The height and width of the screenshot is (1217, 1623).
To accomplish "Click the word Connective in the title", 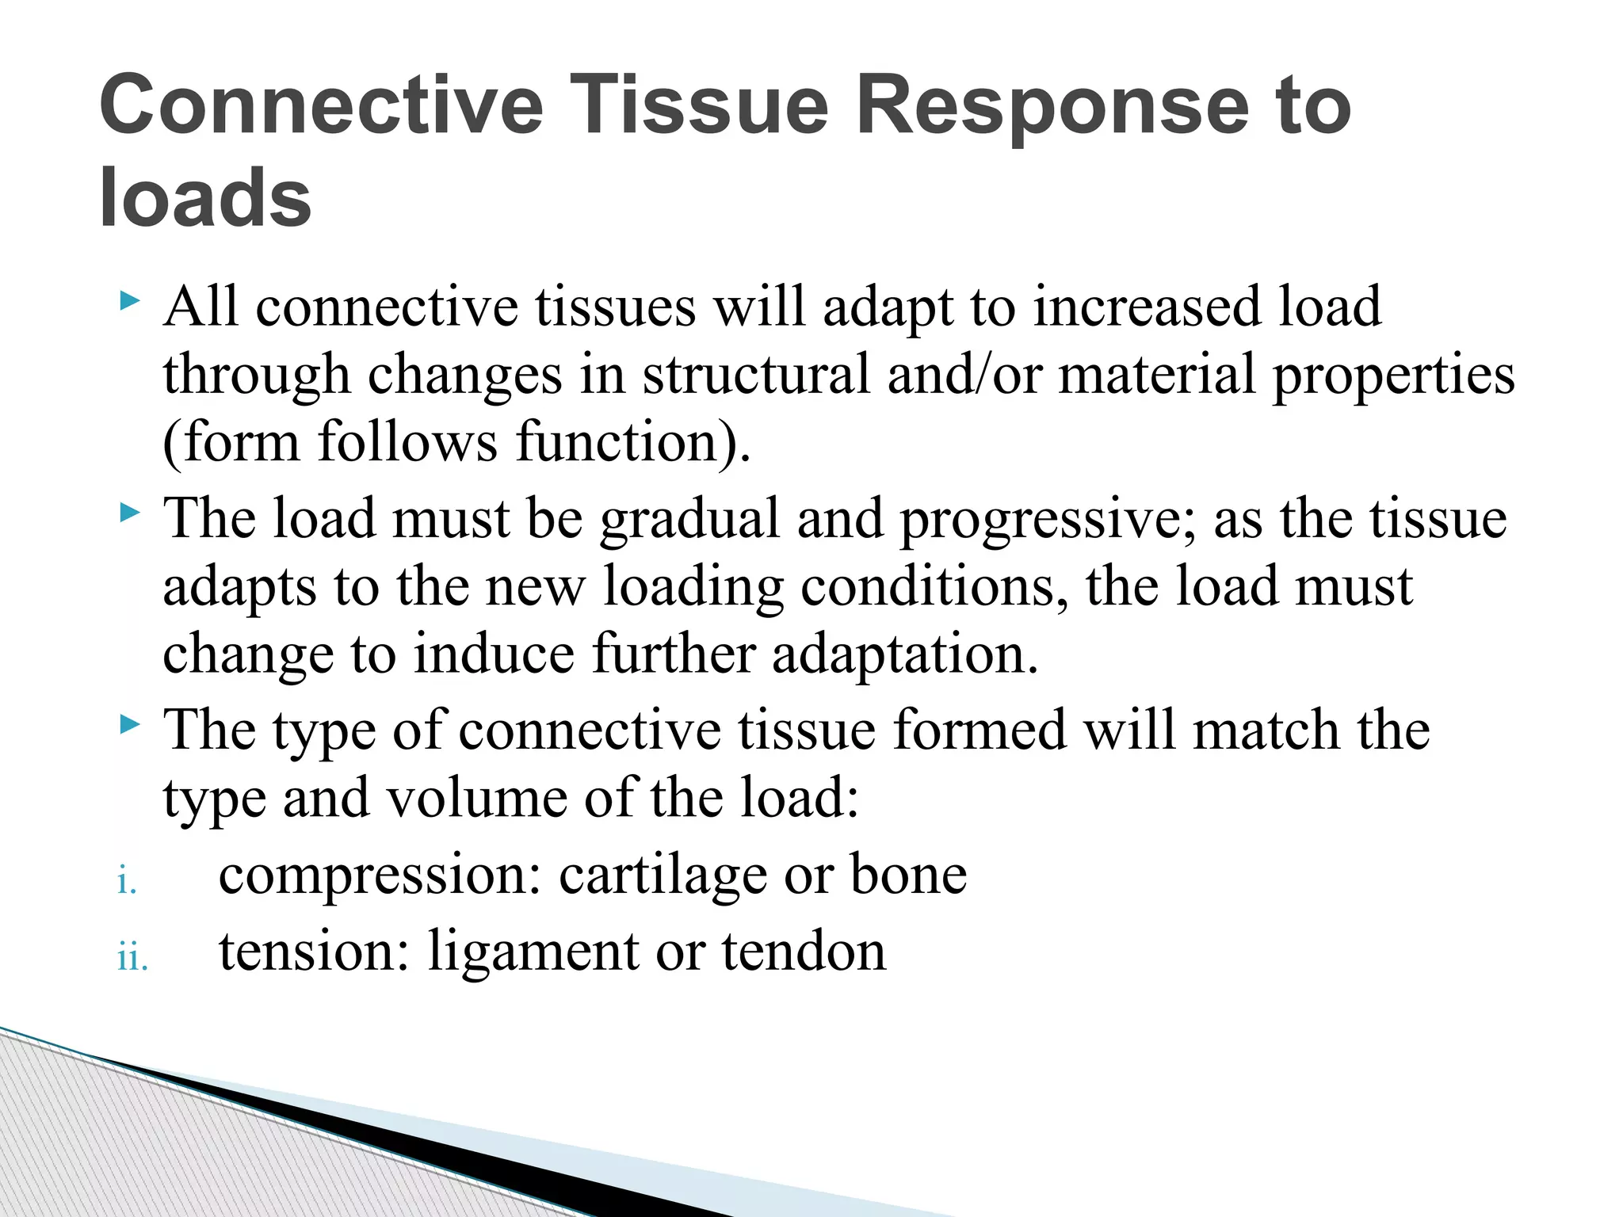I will (321, 105).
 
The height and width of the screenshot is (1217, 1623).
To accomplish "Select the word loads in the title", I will (205, 198).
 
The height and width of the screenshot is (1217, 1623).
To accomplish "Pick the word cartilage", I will (663, 876).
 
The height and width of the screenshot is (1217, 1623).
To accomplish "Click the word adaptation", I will (904, 656).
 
